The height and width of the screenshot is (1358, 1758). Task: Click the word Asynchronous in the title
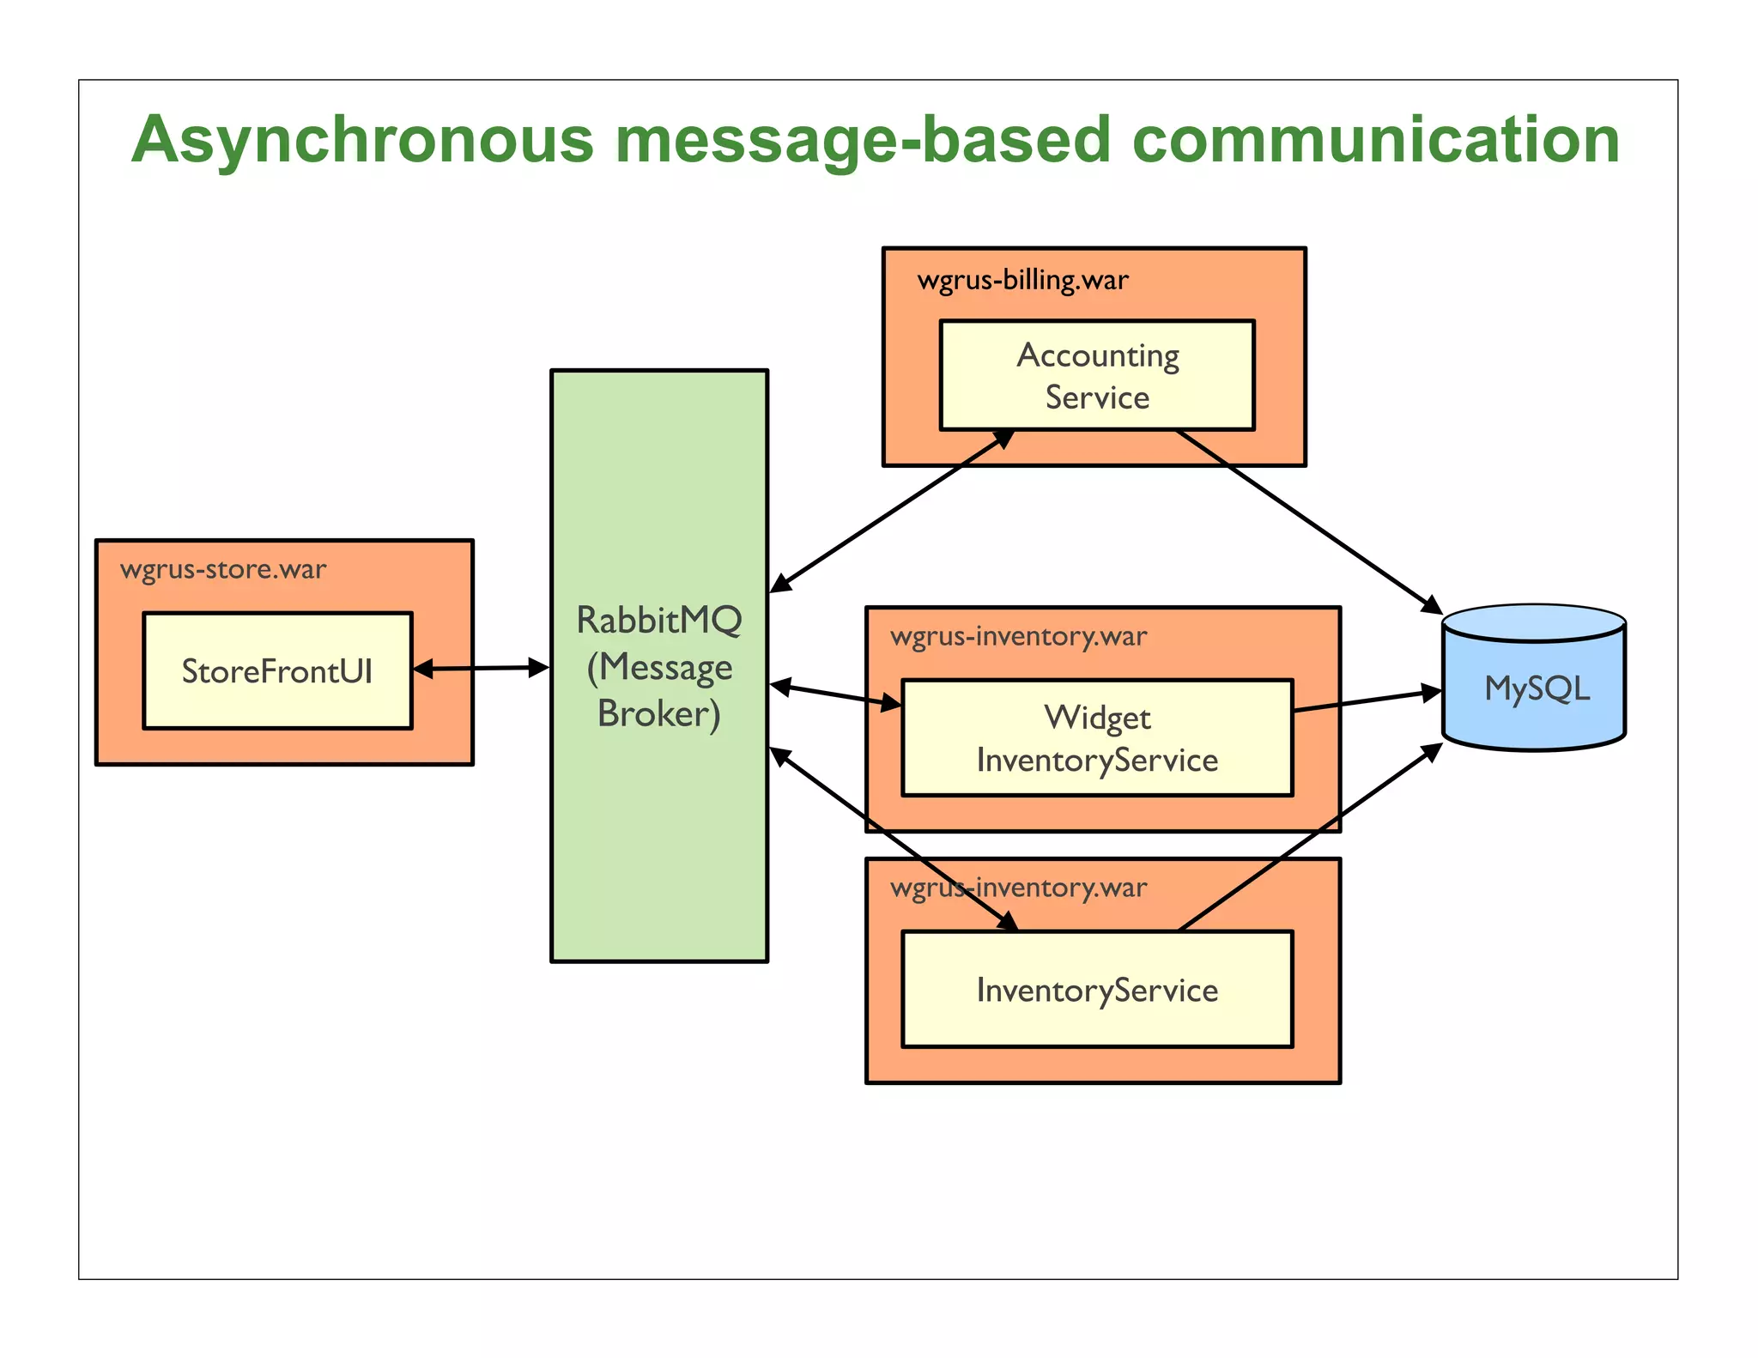[x=362, y=140]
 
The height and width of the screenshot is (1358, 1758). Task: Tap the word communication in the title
[x=1375, y=140]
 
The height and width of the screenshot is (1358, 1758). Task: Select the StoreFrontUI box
[x=277, y=671]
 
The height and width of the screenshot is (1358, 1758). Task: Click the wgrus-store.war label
[x=223, y=570]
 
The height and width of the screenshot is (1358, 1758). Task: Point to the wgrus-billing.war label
[x=1022, y=281]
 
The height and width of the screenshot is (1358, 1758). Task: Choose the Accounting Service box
[x=1097, y=376]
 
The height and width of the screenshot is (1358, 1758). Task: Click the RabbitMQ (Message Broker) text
[x=658, y=667]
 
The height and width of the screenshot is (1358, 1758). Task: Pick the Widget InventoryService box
[x=1097, y=738]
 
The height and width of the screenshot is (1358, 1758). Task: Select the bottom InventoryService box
[x=1097, y=990]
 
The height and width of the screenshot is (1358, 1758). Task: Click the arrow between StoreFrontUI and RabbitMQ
[x=481, y=668]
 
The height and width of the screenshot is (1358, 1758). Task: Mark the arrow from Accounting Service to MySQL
[x=1309, y=522]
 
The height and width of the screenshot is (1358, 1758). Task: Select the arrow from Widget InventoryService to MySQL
[x=1367, y=701]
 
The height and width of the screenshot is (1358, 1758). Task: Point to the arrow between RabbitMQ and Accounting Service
[x=893, y=511]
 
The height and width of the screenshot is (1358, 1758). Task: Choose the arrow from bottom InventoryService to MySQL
[x=1309, y=837]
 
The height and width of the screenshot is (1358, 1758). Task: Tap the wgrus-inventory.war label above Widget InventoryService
[x=1018, y=637]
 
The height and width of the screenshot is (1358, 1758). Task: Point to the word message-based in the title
[x=863, y=140]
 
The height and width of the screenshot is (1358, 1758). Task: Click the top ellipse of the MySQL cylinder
[x=1535, y=621]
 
